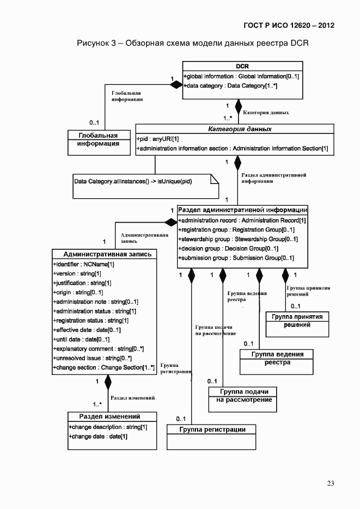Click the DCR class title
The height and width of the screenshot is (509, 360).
click(242, 66)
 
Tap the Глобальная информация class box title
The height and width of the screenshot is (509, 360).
click(98, 135)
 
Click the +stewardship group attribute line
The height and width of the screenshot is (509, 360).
click(238, 239)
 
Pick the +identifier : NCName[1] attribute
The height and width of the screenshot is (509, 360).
click(83, 263)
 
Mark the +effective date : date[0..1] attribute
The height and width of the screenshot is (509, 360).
click(87, 329)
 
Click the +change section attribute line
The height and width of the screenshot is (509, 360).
click(103, 367)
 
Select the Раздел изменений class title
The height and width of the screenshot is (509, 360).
click(106, 416)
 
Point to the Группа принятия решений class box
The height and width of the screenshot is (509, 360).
click(297, 321)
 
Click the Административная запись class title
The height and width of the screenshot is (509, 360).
click(103, 254)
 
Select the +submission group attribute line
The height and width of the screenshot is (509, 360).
click(236, 258)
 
